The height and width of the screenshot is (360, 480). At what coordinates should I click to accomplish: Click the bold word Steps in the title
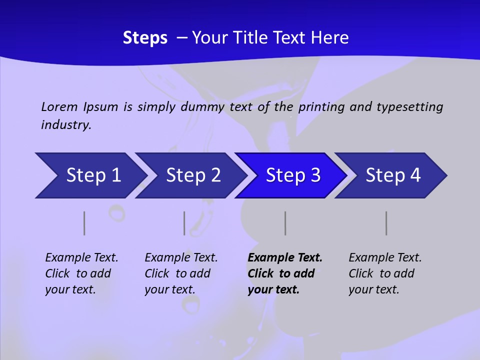(145, 38)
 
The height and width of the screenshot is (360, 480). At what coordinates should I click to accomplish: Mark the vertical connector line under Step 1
(84, 223)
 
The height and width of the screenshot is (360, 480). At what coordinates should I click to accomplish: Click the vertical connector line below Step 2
(184, 223)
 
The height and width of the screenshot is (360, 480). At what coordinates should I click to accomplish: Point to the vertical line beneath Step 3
(285, 223)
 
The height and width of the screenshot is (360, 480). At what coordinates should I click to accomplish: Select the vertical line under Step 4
(386, 223)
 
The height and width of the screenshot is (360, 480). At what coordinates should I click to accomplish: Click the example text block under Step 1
(81, 273)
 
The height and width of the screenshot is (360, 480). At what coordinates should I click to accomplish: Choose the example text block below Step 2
(181, 273)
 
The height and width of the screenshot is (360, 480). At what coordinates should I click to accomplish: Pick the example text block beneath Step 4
(385, 273)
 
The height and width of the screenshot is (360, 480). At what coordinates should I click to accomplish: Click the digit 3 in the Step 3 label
(315, 175)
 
